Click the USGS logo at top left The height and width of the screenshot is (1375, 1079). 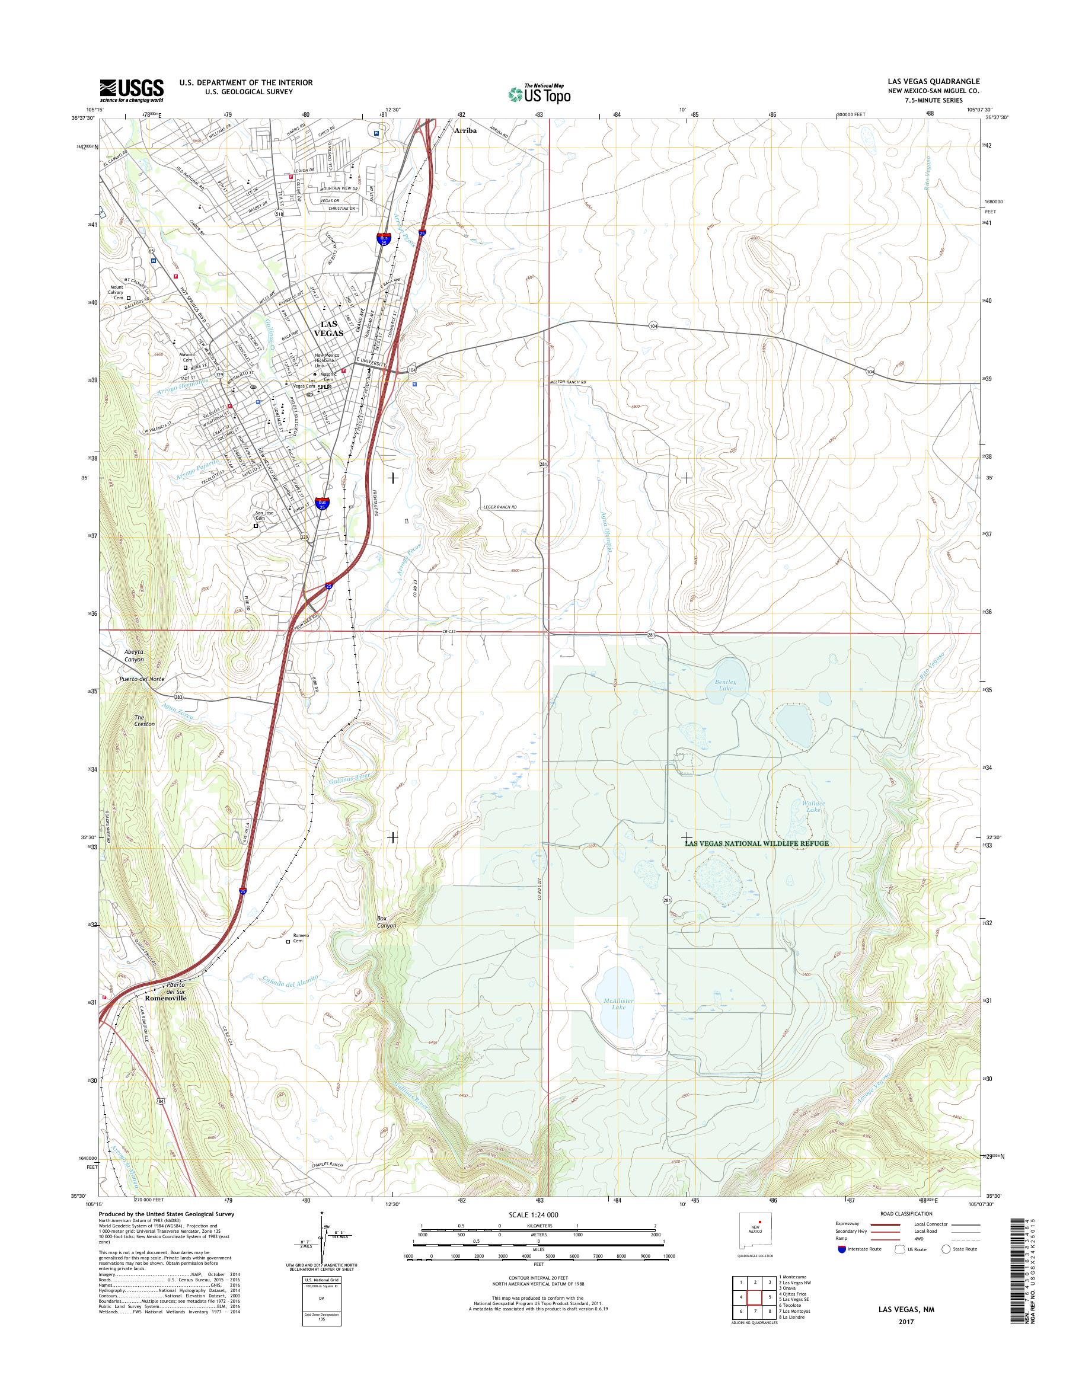click(x=132, y=91)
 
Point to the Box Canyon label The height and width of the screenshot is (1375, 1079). click(x=386, y=922)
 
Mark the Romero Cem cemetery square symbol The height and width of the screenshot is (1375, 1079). click(x=289, y=942)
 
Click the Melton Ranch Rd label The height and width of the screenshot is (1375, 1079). click(x=567, y=382)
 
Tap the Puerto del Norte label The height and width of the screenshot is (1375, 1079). click(x=142, y=679)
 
